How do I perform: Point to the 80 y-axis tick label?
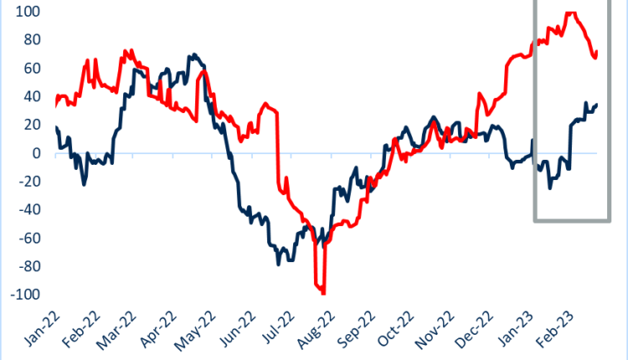15,40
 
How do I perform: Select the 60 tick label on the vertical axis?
15,69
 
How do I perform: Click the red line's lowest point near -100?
322,293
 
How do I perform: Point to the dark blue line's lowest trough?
279,264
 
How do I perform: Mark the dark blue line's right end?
596,105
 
